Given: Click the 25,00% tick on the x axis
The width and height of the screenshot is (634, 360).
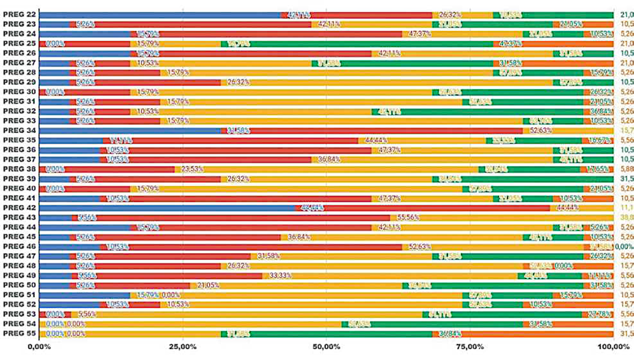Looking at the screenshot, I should tap(182, 347).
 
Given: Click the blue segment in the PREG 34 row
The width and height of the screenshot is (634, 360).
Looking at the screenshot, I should tap(130, 130).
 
